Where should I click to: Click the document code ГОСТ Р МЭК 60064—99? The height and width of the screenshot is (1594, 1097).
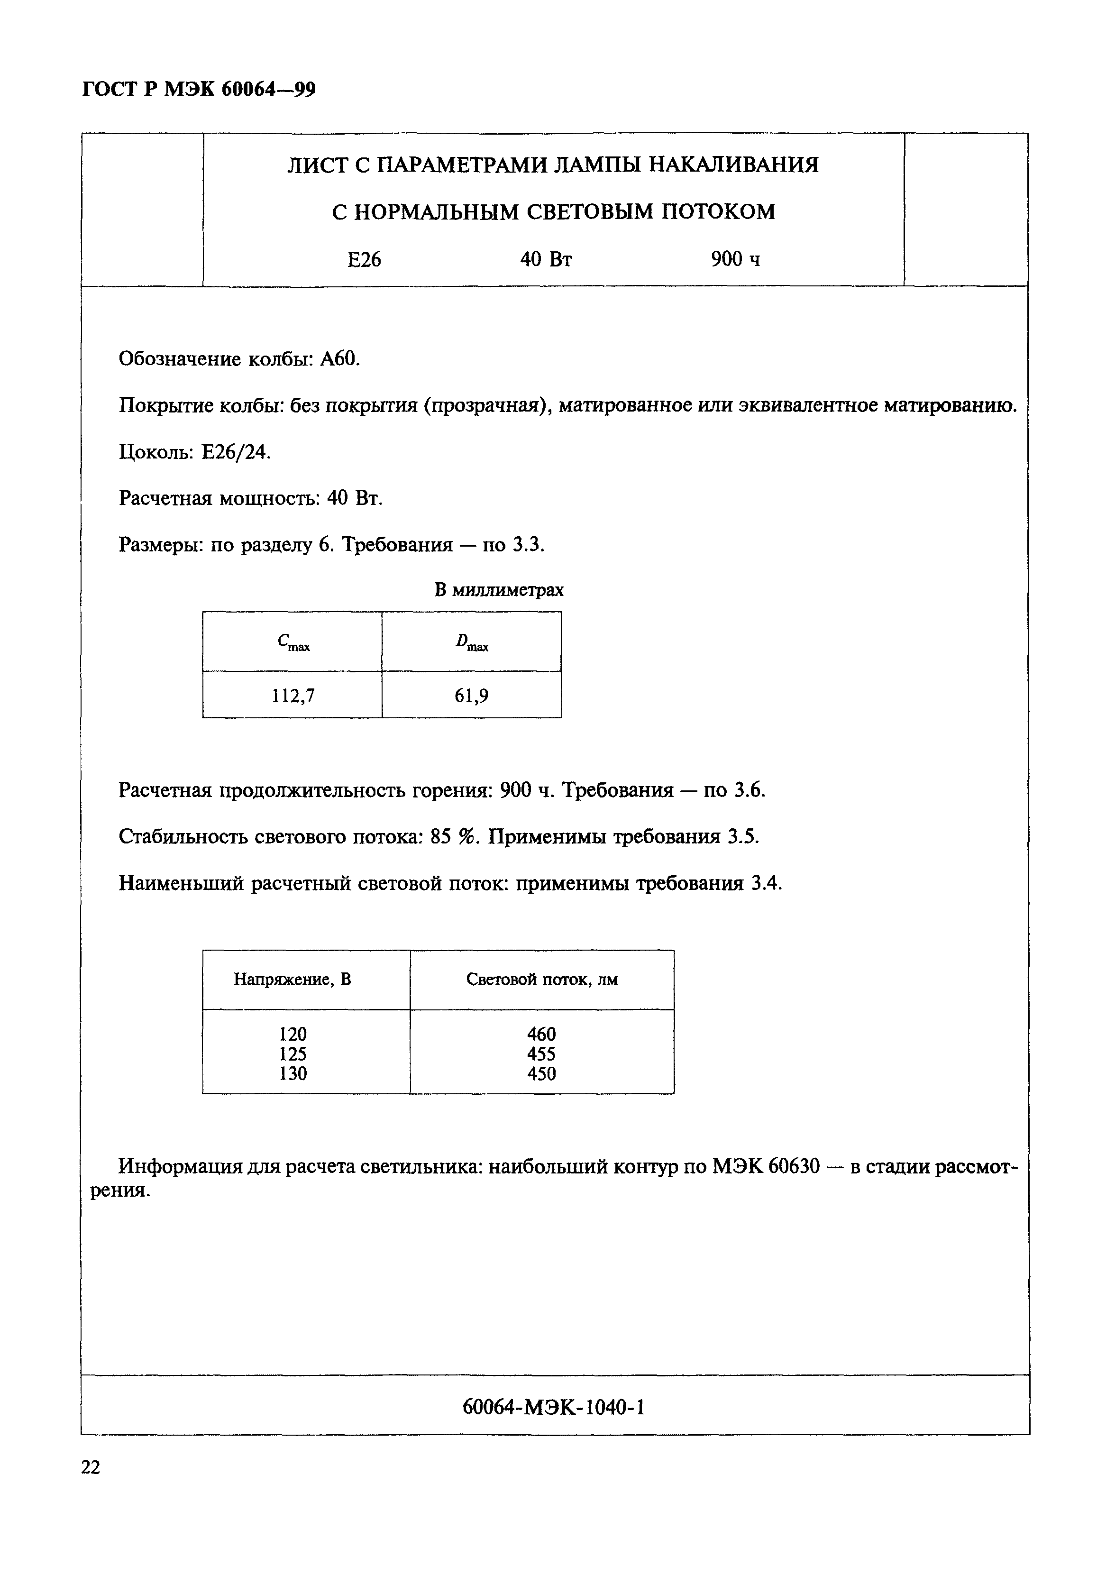[x=199, y=89]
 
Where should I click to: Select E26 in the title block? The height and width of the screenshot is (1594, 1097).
[x=364, y=259]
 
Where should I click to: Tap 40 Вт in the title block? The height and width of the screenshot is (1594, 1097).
[x=546, y=259]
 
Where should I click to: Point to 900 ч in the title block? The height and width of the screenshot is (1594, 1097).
[x=735, y=259]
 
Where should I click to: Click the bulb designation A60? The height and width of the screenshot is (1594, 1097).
[x=339, y=359]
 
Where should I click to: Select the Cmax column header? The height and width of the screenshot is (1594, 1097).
[x=293, y=643]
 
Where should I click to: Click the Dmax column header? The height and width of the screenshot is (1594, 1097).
[x=472, y=643]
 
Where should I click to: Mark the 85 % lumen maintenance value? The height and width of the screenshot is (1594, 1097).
[x=452, y=836]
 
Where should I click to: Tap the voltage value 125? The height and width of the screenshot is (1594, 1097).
[x=293, y=1054]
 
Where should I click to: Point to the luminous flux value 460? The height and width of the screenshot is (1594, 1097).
[x=542, y=1034]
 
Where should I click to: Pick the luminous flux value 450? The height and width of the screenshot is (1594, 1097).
[x=542, y=1074]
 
